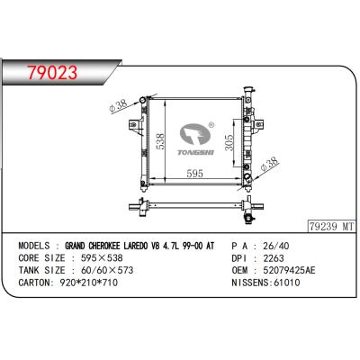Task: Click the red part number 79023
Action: [52, 73]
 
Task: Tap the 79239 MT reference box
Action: [331, 227]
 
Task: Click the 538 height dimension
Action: [160, 141]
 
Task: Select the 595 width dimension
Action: [194, 174]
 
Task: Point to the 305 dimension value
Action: [229, 142]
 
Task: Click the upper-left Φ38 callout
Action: [118, 105]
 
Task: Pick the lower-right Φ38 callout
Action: [269, 164]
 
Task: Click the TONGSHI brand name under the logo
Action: [195, 153]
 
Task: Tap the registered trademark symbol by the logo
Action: [211, 124]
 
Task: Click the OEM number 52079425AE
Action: [289, 270]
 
